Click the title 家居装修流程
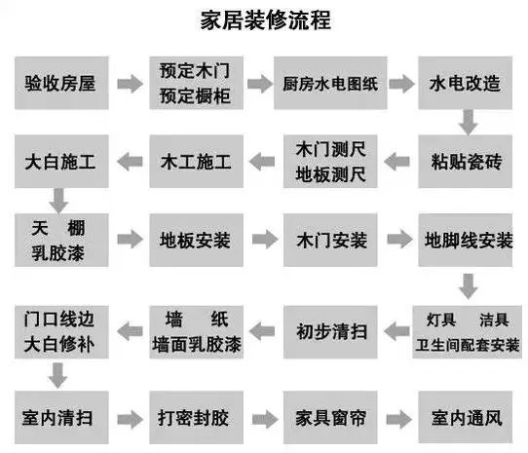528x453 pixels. pyautogui.click(x=264, y=19)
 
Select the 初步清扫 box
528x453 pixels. pyautogui.click(x=330, y=331)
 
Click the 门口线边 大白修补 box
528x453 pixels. pyautogui.click(x=59, y=331)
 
